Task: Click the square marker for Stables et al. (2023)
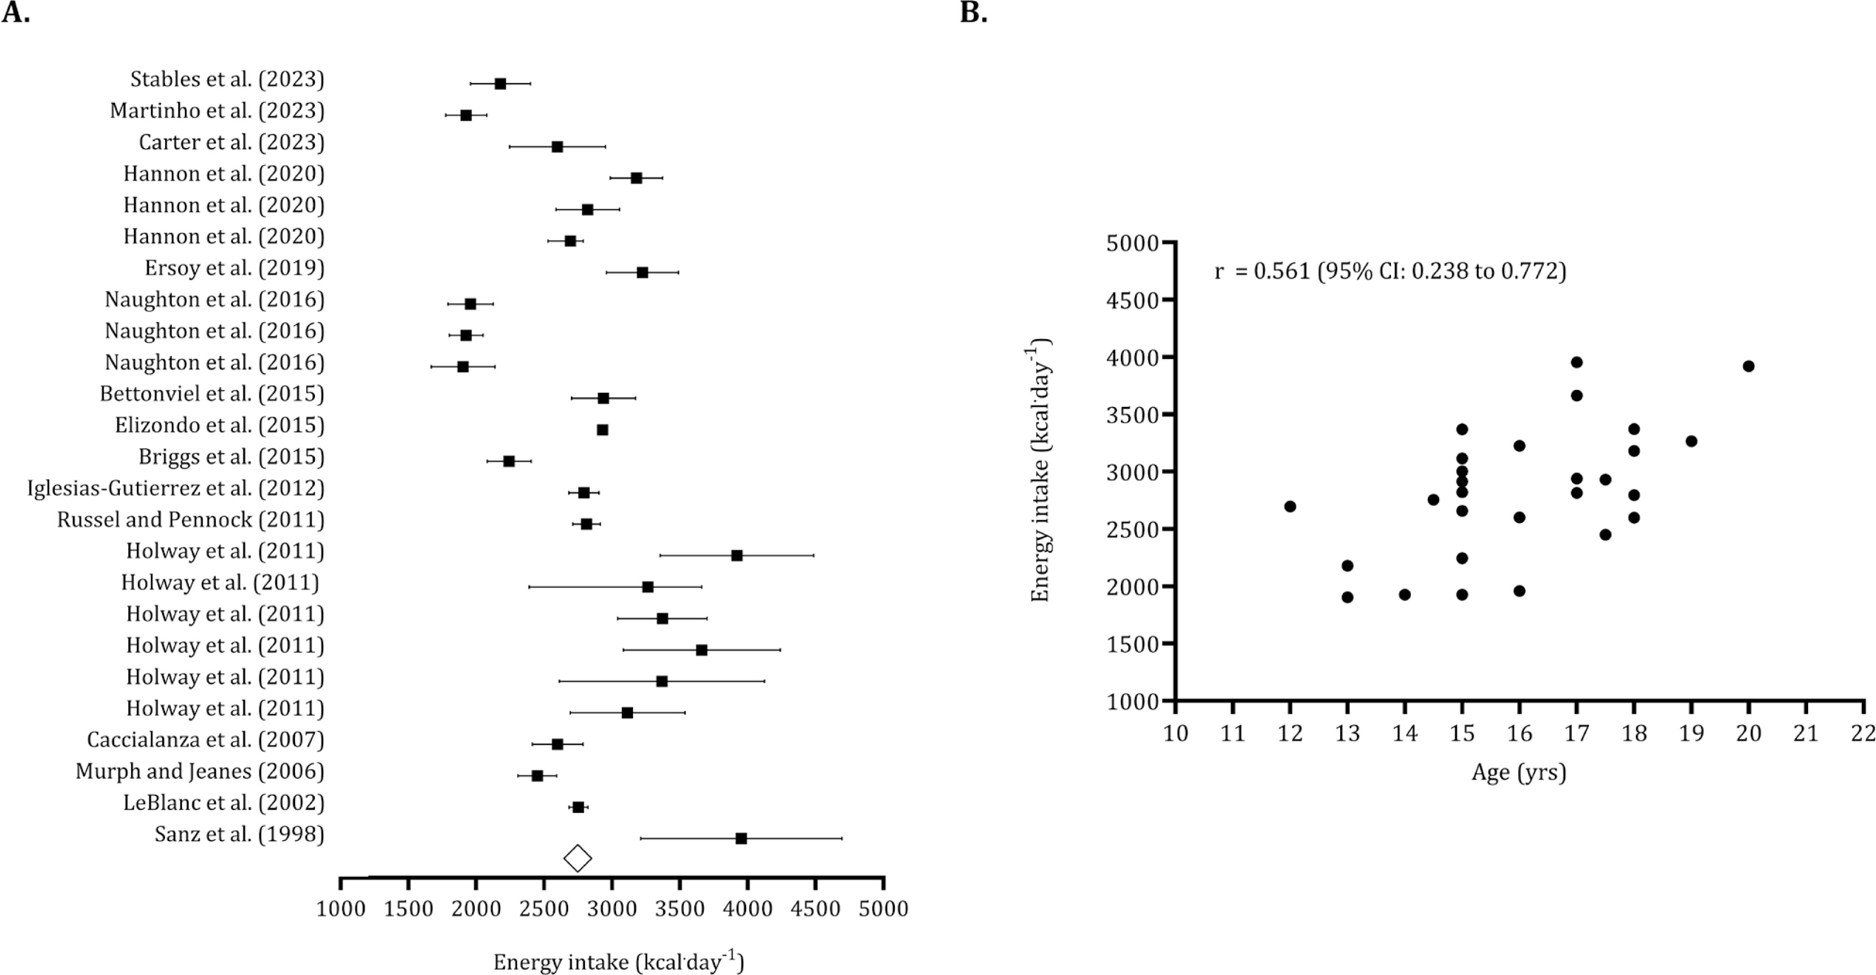(500, 84)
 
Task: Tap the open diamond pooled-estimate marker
(578, 859)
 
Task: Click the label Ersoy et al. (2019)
(235, 268)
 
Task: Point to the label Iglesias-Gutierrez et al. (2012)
(176, 488)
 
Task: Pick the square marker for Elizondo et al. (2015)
(603, 430)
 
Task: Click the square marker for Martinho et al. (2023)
(466, 115)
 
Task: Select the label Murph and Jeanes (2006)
(200, 771)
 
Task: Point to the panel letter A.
(15, 12)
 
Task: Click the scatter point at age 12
(1290, 506)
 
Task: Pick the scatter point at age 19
(1691, 441)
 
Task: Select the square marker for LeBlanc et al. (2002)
(578, 807)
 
